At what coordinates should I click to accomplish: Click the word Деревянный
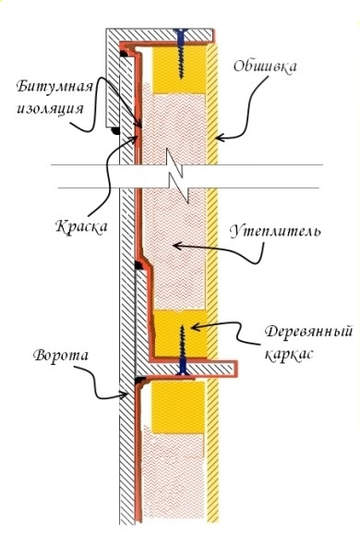[x=292, y=330]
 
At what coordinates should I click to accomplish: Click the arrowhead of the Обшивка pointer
[x=214, y=138]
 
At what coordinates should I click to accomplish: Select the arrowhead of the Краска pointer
[x=137, y=140]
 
